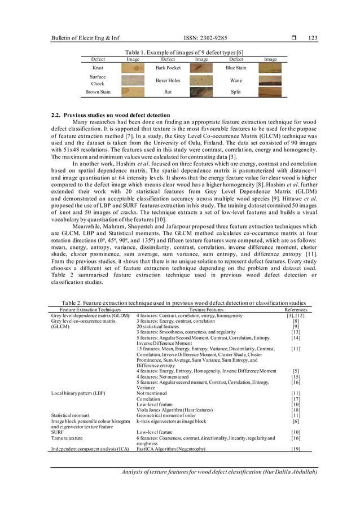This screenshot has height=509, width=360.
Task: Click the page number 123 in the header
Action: [313, 38]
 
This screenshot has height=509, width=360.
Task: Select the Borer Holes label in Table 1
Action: [168, 80]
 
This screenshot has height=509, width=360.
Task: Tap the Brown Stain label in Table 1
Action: [98, 91]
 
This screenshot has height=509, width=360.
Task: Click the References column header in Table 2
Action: [296, 309]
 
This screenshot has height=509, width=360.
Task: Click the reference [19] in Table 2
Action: [295, 449]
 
